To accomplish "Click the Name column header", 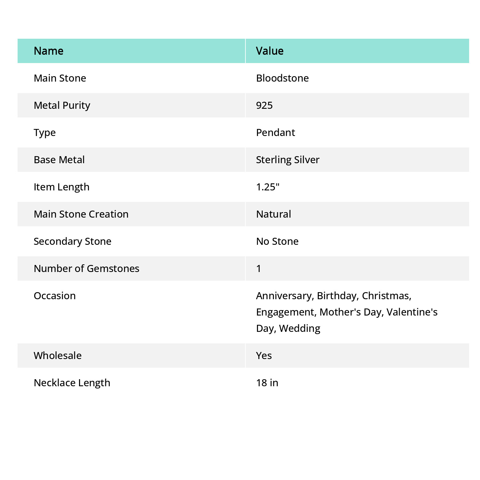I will click(49, 51).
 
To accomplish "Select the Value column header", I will click(270, 51).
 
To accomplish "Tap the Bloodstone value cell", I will click(282, 78).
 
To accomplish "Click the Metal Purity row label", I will click(62, 105).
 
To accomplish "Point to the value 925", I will click(264, 105).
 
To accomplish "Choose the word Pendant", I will click(276, 132).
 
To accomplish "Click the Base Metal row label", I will click(59, 160).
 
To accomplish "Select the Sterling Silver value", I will click(288, 160).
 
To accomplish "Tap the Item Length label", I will click(61, 187).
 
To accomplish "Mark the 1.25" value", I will click(268, 187).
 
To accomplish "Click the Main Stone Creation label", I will click(81, 214).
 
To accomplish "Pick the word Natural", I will click(274, 214).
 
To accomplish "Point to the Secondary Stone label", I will click(72, 241).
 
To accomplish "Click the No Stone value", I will click(277, 241).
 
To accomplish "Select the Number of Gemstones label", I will click(86, 268).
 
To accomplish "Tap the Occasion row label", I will click(55, 296).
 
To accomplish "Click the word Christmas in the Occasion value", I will click(386, 296).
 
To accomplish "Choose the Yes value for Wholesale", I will click(264, 356).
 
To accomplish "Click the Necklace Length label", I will click(72, 383).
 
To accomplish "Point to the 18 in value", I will click(267, 383).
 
